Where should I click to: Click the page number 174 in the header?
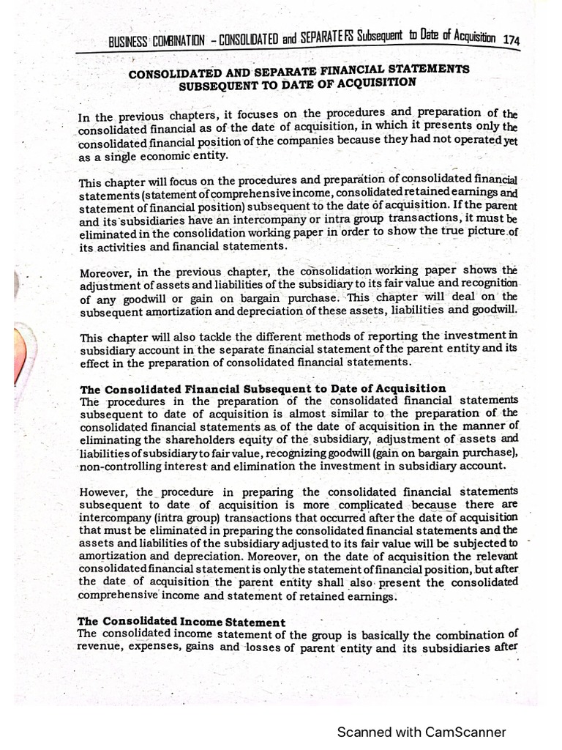(x=511, y=42)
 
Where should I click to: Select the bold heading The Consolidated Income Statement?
(x=181, y=622)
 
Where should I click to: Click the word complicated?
(x=367, y=505)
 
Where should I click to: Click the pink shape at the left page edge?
(x=21, y=359)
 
